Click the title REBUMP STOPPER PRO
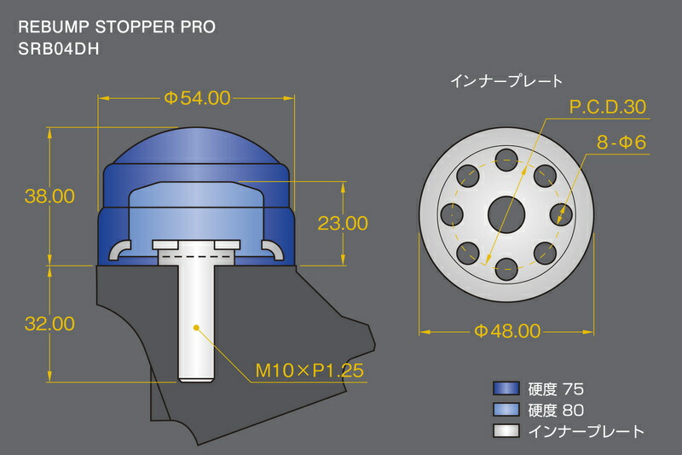point(116,26)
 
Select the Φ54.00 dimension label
point(197,98)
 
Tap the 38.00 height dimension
point(49,196)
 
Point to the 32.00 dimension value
point(49,324)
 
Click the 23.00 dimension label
point(342,224)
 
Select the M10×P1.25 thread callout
point(310,371)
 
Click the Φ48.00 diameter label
point(506,330)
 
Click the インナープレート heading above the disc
point(506,82)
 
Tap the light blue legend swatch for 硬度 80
point(508,411)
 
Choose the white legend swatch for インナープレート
point(508,431)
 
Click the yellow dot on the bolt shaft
point(196,327)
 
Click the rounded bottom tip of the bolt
point(196,377)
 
